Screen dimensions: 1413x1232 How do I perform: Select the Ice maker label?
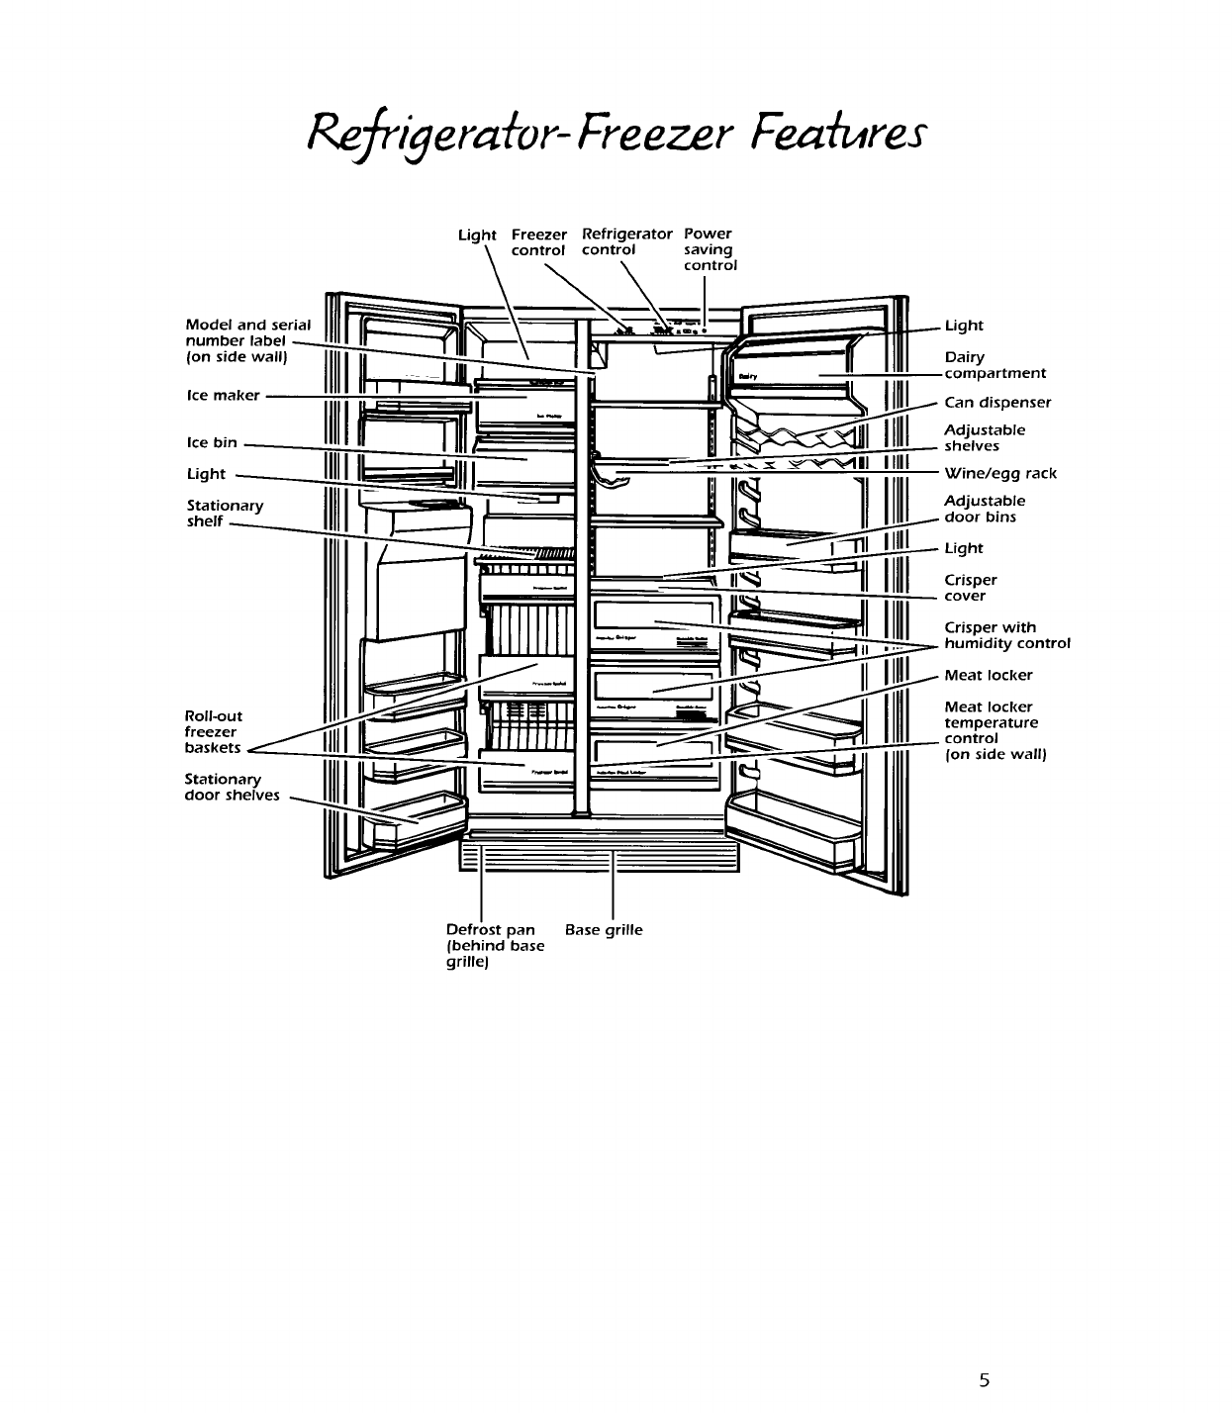coord(223,396)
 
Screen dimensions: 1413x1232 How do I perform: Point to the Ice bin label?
coord(212,442)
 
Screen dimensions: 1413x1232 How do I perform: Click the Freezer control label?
coord(538,242)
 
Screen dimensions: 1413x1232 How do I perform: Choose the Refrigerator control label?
coord(626,242)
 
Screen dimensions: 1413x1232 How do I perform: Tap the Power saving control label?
coord(710,249)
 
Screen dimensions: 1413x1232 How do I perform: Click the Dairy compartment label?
coord(994,365)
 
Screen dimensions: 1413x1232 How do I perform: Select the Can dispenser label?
coord(997,403)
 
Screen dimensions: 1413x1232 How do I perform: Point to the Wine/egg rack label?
coord(1000,474)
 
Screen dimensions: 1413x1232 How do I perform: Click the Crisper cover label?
coord(970,588)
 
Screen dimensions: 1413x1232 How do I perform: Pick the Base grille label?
coord(603,930)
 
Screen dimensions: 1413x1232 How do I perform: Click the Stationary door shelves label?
coord(232,788)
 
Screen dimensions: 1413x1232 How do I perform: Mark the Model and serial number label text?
coord(247,340)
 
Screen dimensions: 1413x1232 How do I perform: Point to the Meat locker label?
coord(988,676)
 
